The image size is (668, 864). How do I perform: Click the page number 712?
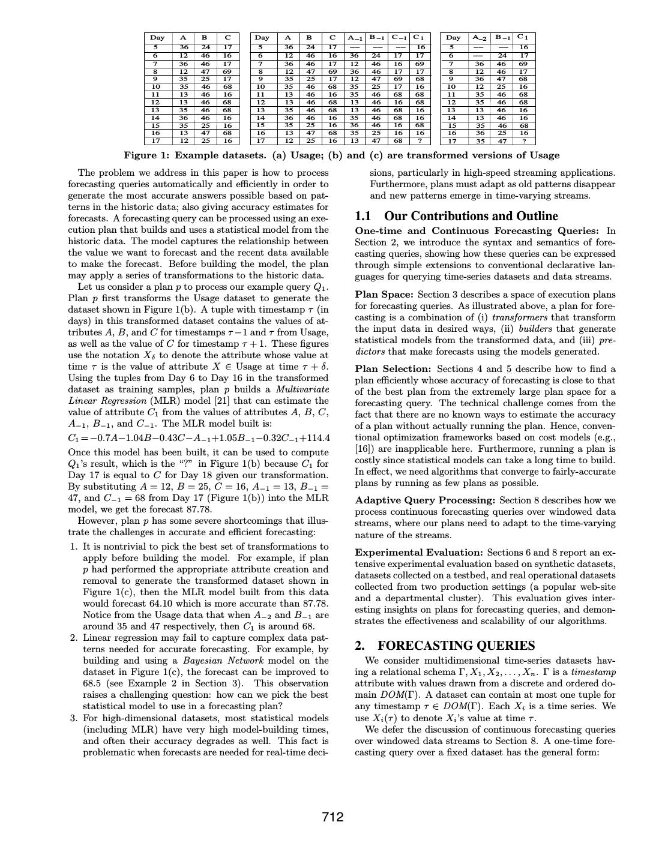pos(332,817)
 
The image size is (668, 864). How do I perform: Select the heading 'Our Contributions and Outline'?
pos(471,216)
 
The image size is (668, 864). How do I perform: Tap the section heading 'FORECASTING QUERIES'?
pos(456,646)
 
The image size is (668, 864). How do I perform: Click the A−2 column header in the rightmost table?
pos(480,37)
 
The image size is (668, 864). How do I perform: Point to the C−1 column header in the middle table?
pos(399,37)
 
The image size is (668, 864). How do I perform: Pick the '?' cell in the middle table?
pos(420,141)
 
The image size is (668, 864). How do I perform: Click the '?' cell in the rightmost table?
pos(524,141)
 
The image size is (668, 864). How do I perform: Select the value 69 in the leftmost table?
pos(227,71)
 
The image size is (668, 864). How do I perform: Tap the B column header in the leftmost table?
pos(205,37)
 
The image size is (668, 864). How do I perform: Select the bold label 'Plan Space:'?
pos(384,295)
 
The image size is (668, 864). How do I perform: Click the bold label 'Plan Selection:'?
pos(393,369)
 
